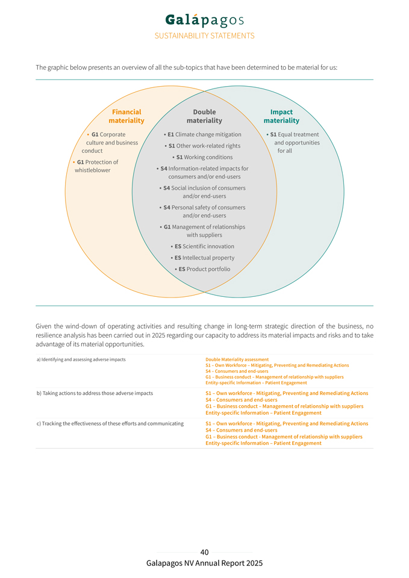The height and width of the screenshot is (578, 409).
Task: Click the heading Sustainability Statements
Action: (x=204, y=36)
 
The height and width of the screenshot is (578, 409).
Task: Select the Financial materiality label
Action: (x=126, y=116)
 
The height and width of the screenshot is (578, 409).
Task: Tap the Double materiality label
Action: (x=204, y=116)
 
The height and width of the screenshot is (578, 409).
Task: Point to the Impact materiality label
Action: (x=281, y=116)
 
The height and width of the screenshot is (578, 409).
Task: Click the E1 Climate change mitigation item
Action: (x=204, y=134)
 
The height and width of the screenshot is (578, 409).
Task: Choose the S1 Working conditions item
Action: (x=204, y=157)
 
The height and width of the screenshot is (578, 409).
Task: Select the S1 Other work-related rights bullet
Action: (x=204, y=146)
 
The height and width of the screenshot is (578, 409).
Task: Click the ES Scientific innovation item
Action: (x=204, y=246)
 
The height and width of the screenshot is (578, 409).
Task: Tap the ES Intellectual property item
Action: (x=204, y=258)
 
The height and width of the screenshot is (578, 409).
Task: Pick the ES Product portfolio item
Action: (x=204, y=269)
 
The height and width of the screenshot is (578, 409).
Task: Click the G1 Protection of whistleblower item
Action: (x=96, y=166)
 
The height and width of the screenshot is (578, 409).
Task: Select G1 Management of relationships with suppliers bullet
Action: (x=204, y=231)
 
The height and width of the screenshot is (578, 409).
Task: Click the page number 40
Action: (x=204, y=552)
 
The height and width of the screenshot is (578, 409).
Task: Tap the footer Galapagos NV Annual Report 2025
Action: (x=204, y=564)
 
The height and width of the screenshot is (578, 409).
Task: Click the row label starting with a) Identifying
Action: (x=81, y=359)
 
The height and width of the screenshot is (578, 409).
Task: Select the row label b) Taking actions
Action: (x=95, y=393)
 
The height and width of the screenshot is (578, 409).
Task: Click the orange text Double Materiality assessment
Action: (x=237, y=359)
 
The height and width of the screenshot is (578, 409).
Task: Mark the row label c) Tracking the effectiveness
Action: (x=110, y=423)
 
